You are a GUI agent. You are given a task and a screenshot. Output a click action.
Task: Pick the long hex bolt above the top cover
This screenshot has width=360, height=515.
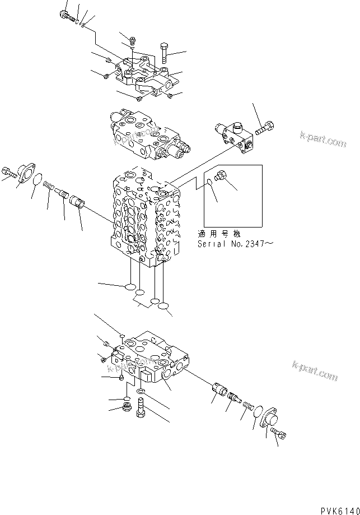[x=163, y=53]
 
